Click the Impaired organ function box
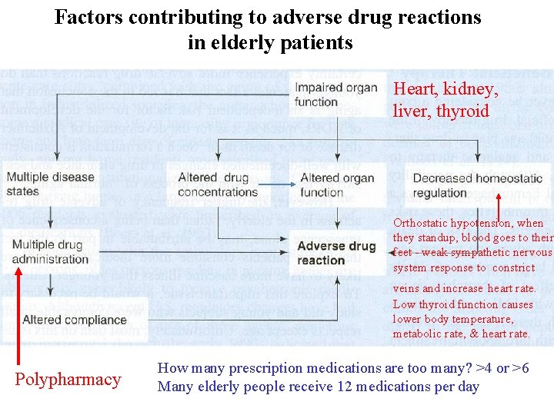pos(335,94)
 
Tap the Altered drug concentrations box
pos(218,185)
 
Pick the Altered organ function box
pos(336,185)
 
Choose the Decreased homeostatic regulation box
pos(477,185)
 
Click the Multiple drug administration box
pos(50,252)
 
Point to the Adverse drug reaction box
pos(336,253)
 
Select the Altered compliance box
pos(75,320)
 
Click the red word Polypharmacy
pos(68,379)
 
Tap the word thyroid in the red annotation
pos(462,111)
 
